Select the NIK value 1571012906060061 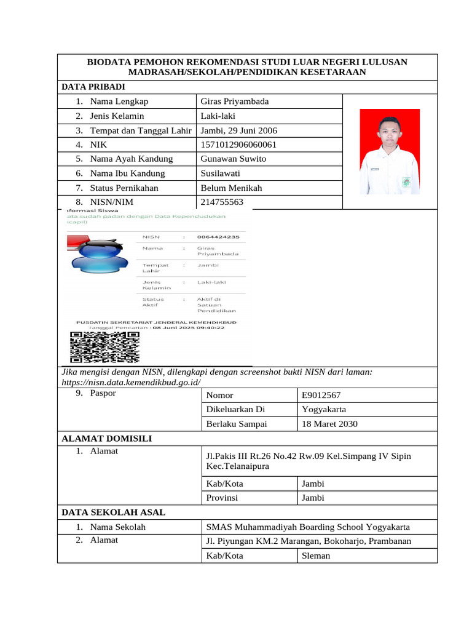238,145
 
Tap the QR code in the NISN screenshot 104,348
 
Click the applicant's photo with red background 390,152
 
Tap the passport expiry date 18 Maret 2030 329,424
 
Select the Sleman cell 315,556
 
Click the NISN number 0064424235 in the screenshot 218,236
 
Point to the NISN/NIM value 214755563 222,202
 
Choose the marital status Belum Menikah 231,188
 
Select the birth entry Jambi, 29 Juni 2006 239,130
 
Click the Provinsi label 221,498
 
